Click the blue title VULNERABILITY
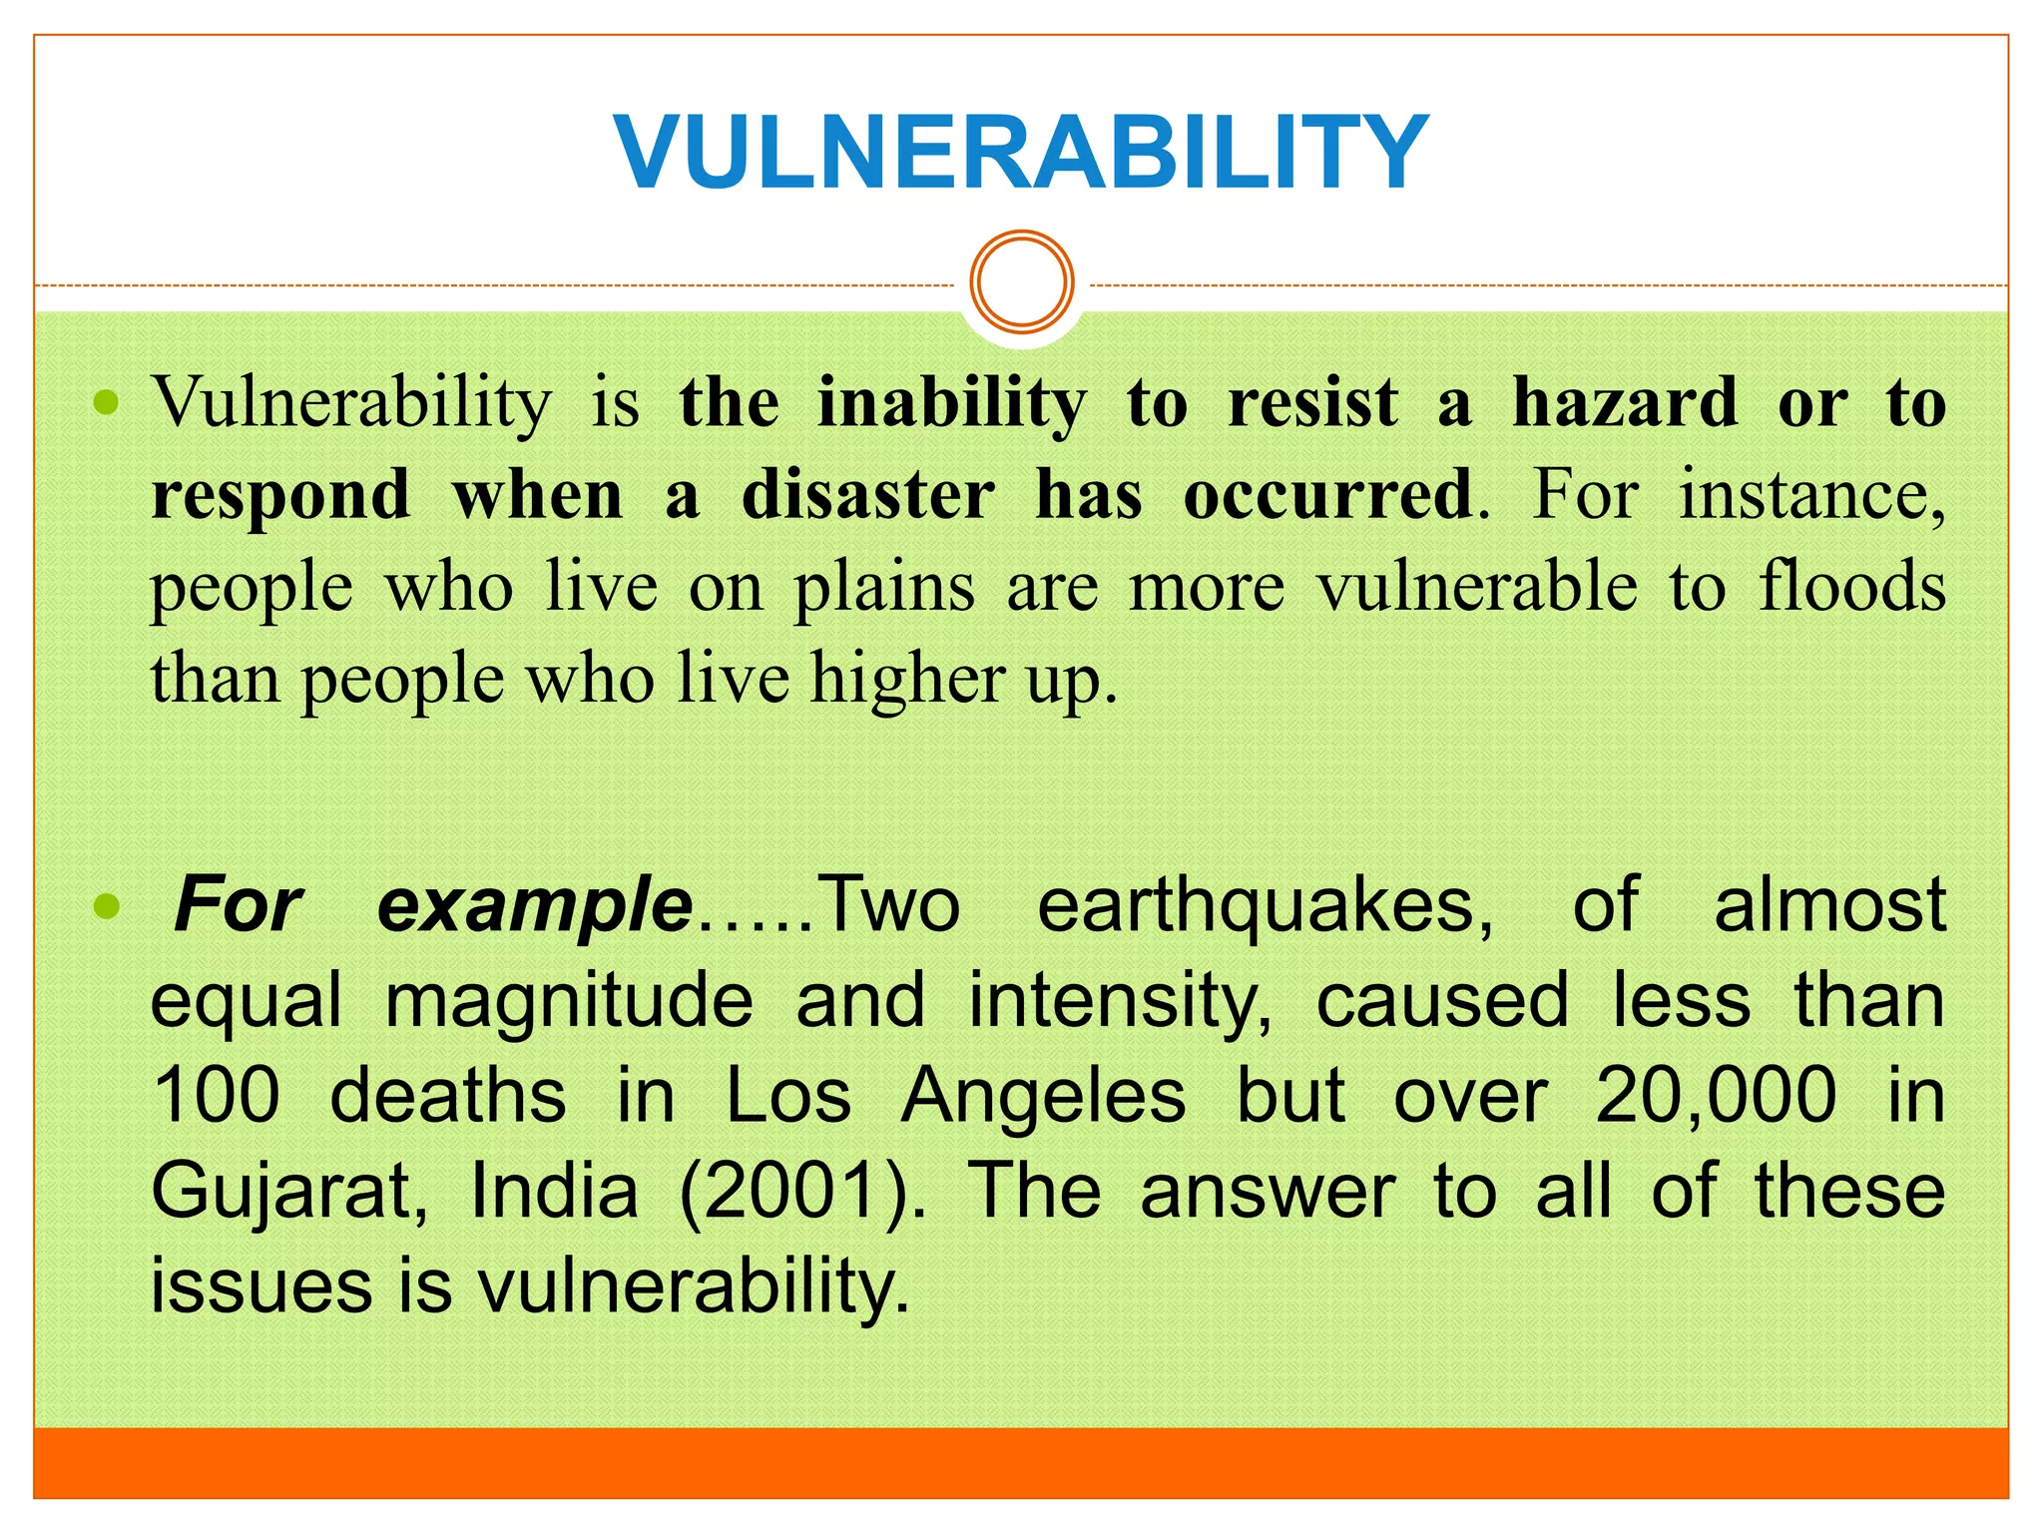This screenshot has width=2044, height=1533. tap(1021, 152)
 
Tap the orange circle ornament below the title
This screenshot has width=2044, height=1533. tap(1022, 281)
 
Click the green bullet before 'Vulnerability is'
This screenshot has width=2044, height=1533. tap(106, 403)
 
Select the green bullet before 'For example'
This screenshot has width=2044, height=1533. tap(106, 906)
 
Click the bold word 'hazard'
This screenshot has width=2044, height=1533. tap(1625, 403)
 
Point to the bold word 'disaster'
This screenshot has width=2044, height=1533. tap(867, 495)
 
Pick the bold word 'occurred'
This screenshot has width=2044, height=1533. tap(1327, 495)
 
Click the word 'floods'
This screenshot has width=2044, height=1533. tap(1851, 587)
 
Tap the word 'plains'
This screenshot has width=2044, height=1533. tap(884, 589)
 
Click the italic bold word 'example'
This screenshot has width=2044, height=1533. tap(535, 906)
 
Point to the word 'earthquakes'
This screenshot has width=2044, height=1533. tap(1265, 906)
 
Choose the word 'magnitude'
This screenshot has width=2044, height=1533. tap(569, 1001)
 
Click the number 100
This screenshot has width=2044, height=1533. tap(216, 1096)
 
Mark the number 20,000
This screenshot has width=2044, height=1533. tap(1716, 1096)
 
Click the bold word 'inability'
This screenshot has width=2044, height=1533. tap(952, 405)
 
